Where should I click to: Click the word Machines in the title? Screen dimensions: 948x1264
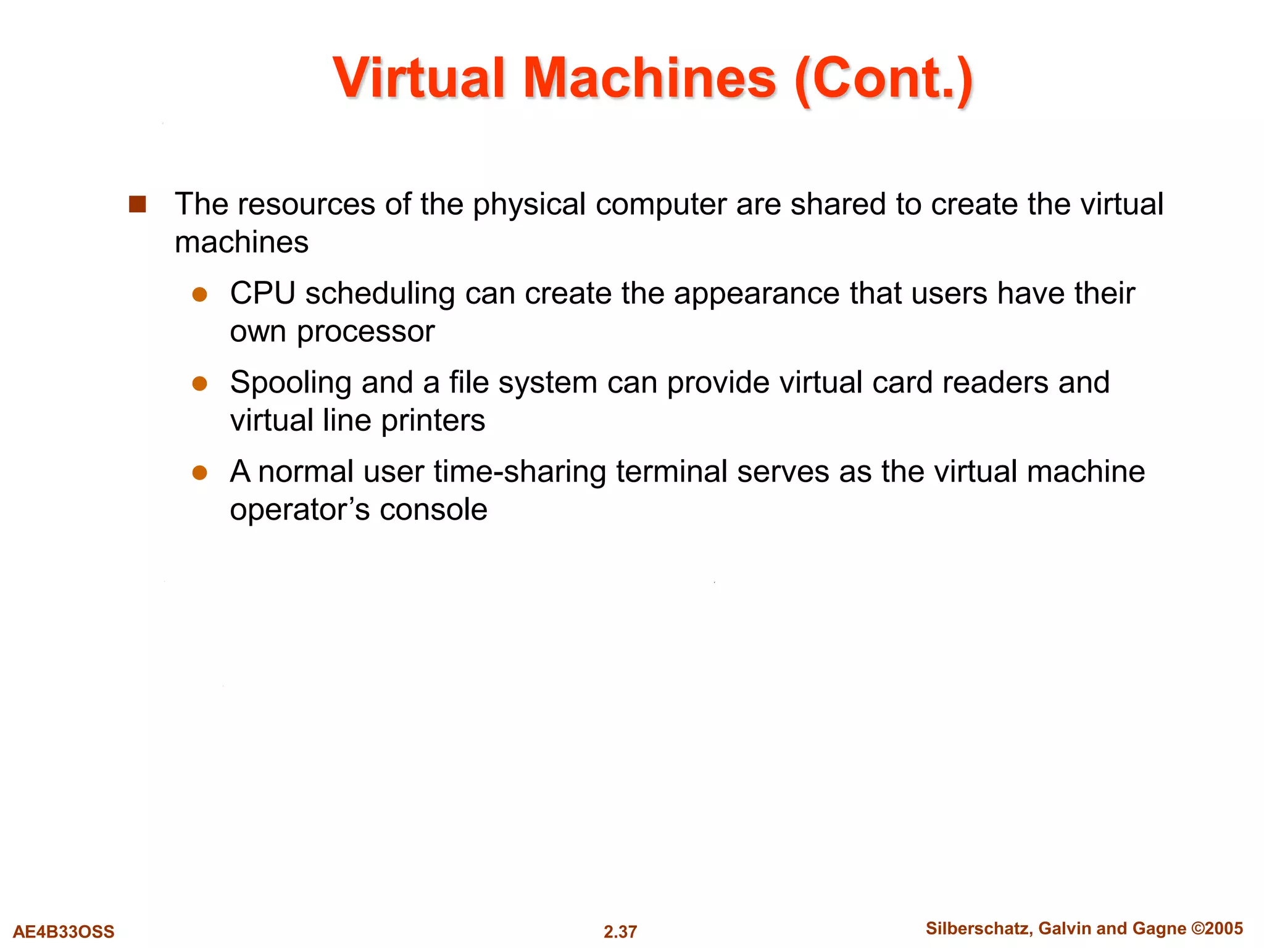(x=649, y=78)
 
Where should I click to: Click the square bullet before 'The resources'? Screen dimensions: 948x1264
(x=137, y=204)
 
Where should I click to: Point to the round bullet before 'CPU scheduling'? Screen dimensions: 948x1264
(x=199, y=294)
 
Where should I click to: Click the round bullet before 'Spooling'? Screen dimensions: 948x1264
(x=199, y=384)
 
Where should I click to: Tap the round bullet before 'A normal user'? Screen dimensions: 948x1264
(x=199, y=473)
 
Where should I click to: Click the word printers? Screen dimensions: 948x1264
(x=433, y=421)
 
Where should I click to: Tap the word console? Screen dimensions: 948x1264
(x=433, y=510)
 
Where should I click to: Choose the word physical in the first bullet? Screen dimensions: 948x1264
(x=529, y=204)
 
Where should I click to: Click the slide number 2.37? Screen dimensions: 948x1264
(x=620, y=931)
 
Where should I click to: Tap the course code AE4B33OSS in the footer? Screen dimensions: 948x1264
(x=64, y=931)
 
